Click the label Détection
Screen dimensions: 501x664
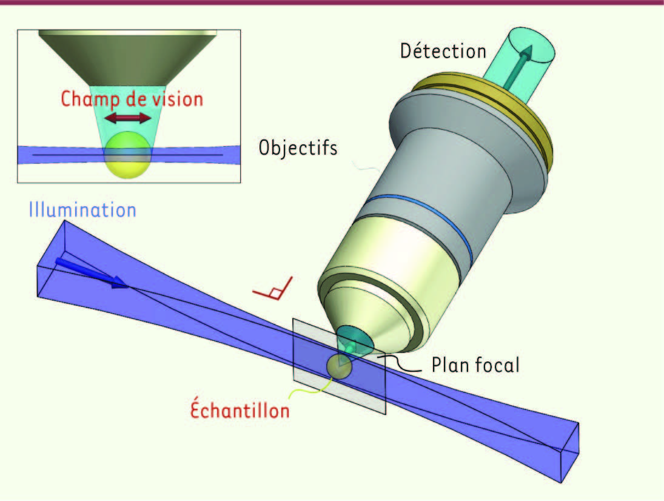click(443, 51)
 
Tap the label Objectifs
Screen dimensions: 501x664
click(298, 147)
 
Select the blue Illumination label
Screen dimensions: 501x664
click(82, 210)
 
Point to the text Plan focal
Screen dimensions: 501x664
click(475, 365)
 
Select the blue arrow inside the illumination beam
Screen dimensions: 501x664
click(92, 272)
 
